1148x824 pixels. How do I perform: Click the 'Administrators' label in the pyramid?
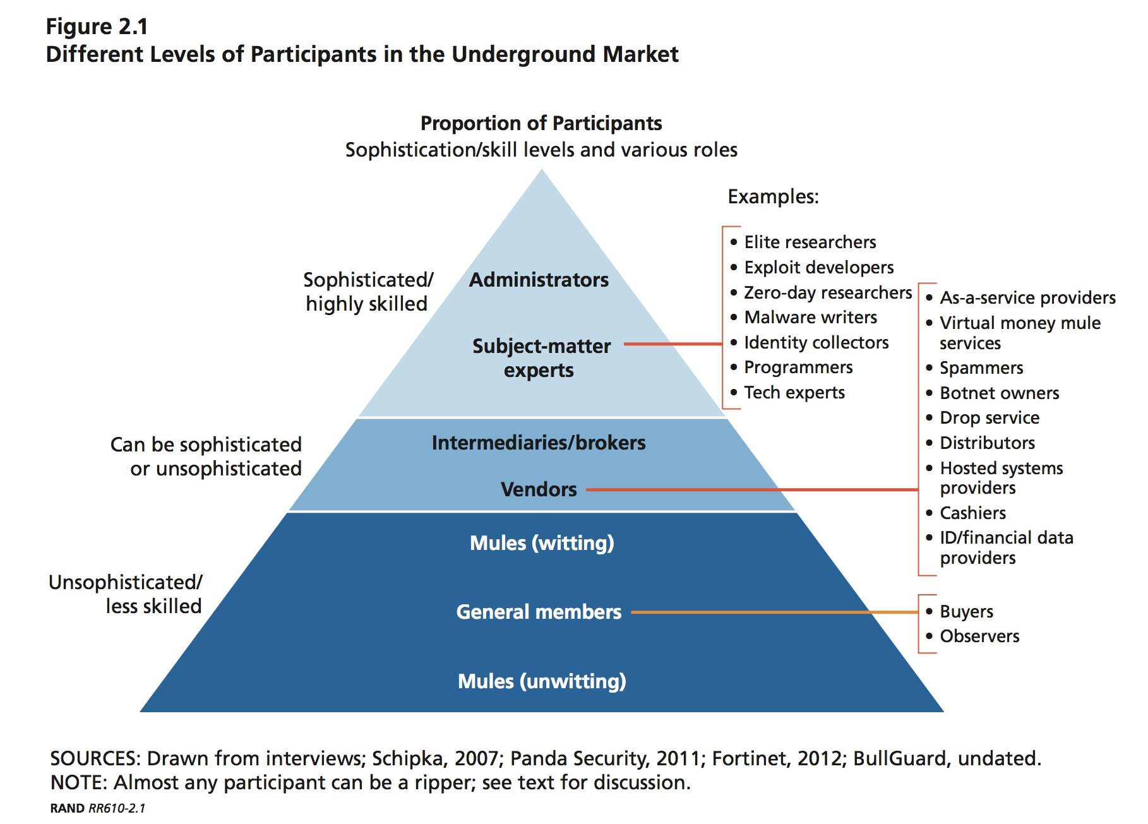[539, 280]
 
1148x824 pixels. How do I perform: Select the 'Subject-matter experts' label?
[541, 357]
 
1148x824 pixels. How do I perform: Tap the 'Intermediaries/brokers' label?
[539, 443]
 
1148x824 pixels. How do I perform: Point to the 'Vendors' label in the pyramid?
[539, 489]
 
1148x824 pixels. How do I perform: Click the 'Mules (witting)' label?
[542, 543]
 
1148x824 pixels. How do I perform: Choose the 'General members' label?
[539, 612]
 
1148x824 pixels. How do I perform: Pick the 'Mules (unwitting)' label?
[542, 681]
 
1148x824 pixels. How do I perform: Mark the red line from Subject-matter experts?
[673, 344]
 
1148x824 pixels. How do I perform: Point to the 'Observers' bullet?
[979, 636]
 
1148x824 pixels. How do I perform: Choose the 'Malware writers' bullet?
[810, 317]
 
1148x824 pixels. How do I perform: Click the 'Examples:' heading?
[773, 196]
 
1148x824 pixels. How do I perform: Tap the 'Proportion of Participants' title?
[541, 123]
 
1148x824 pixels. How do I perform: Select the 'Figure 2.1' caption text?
[97, 27]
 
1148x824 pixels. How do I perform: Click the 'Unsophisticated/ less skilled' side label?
[126, 594]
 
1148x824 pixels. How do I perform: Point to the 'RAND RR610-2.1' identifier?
[98, 808]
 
